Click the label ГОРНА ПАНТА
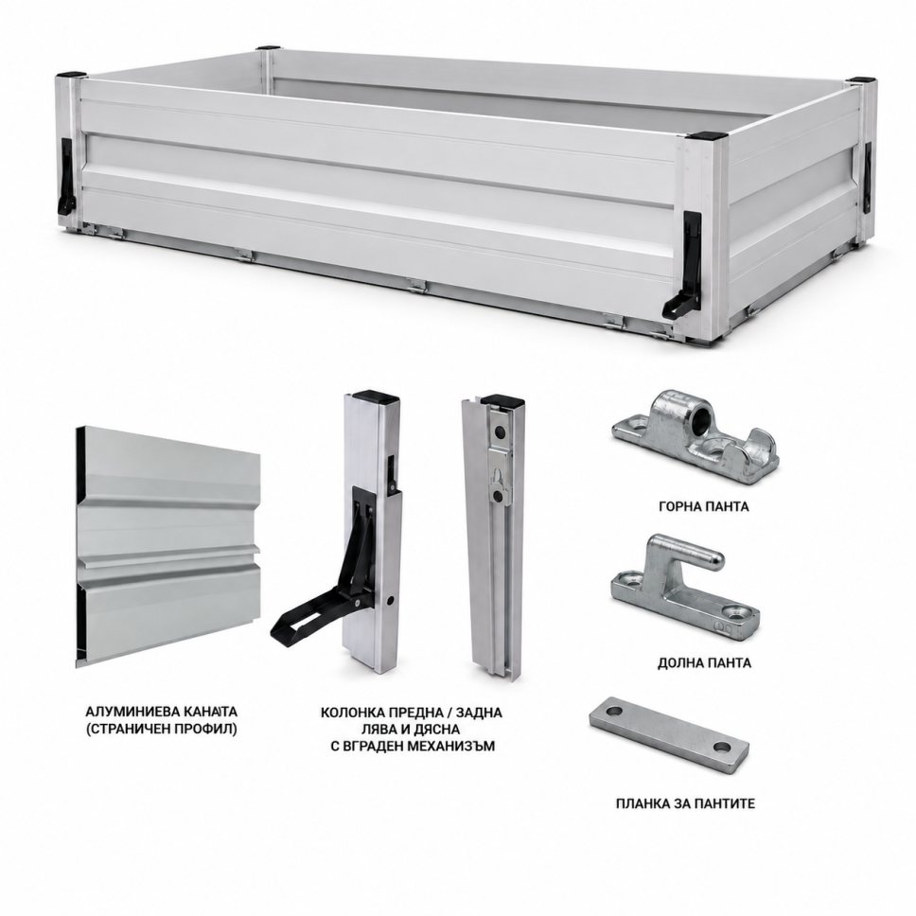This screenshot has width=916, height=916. pos(703,506)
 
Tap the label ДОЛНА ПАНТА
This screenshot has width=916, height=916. pos(704,663)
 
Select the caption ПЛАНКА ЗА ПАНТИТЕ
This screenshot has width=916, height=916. pos(685,803)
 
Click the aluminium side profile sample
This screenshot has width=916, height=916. pos(167,546)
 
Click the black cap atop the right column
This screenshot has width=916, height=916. pos(502,400)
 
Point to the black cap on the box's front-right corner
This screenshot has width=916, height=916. pos(708,135)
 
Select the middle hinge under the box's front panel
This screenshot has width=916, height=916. pos(417,285)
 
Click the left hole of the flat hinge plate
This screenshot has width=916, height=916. pos(614,713)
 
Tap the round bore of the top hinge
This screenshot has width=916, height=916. pos(701,415)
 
